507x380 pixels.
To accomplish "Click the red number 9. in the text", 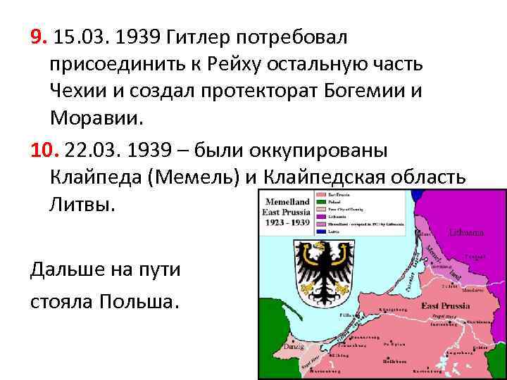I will [x=39, y=36].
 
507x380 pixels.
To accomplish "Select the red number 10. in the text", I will [x=44, y=151].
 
